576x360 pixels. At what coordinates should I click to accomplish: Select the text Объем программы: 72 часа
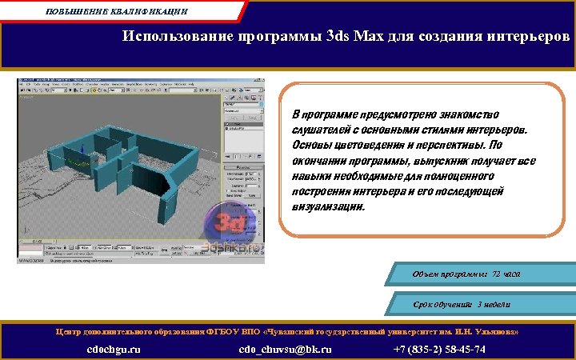tap(466, 274)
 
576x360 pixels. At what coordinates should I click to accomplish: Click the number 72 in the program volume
tap(497, 274)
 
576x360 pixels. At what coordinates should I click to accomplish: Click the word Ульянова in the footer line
tap(499, 330)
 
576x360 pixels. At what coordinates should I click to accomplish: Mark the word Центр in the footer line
tap(69, 330)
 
